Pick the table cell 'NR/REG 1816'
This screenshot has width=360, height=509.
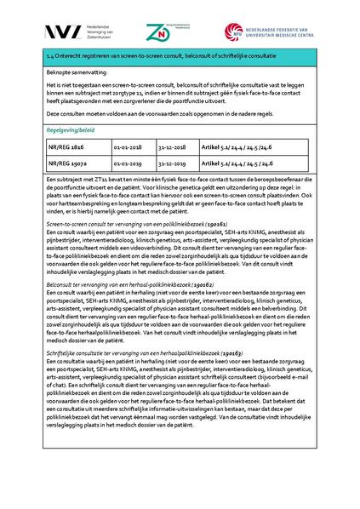pos(67,147)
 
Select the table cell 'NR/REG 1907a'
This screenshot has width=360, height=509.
pos(69,164)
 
